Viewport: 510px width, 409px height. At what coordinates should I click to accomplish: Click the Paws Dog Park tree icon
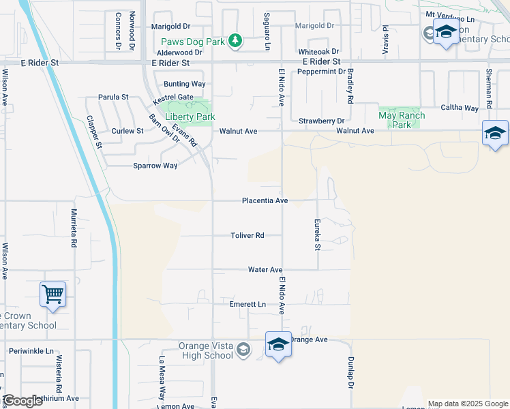click(x=235, y=41)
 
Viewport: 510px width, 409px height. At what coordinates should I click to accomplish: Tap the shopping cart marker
click(x=52, y=294)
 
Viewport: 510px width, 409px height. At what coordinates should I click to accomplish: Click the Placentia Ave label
click(x=265, y=201)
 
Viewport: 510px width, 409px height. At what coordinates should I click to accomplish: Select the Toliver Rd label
click(x=247, y=235)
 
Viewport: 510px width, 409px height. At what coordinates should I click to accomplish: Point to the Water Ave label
click(x=265, y=270)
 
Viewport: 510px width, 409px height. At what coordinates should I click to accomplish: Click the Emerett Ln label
click(x=247, y=304)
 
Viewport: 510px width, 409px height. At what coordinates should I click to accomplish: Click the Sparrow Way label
click(x=155, y=166)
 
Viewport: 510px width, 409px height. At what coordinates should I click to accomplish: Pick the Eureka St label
click(x=317, y=234)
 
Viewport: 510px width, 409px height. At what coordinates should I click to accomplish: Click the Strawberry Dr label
click(x=320, y=121)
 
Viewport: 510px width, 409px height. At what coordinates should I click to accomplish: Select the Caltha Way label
click(x=460, y=108)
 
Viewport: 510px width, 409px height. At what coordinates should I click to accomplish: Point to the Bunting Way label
click(x=184, y=84)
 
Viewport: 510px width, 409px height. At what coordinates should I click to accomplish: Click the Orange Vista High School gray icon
click(x=243, y=350)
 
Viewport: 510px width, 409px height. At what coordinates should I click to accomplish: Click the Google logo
click(x=22, y=401)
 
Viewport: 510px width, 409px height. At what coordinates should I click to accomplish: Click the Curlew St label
click(x=128, y=131)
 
